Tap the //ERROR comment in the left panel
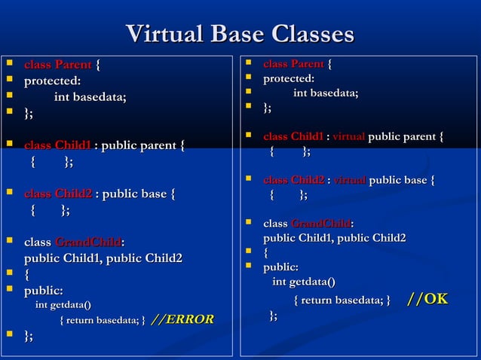(x=182, y=319)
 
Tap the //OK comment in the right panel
(x=427, y=299)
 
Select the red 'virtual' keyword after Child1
(x=349, y=136)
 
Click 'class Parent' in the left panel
(x=58, y=64)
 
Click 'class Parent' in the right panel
(x=293, y=63)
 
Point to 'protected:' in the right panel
(x=289, y=78)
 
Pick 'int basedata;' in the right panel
(x=326, y=93)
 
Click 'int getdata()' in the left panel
(x=63, y=304)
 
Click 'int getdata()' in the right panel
(x=304, y=282)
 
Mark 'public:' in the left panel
(x=44, y=290)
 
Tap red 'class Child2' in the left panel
(x=58, y=194)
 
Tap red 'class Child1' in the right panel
(x=293, y=136)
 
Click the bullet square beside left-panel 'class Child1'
(x=10, y=143)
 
